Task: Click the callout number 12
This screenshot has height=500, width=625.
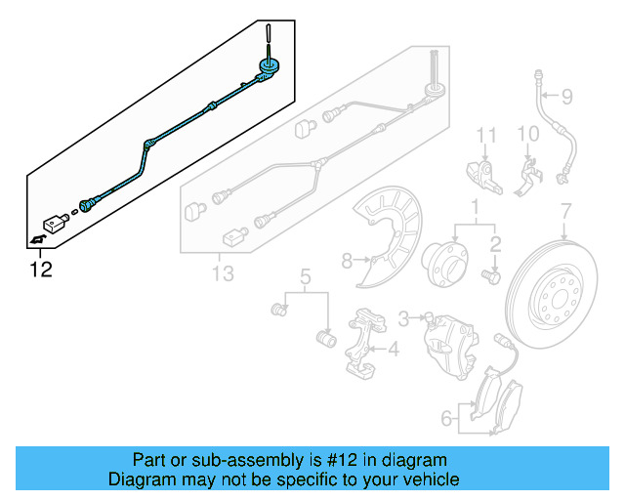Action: tap(40, 268)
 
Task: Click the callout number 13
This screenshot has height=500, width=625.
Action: tap(223, 274)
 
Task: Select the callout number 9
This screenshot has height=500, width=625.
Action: tap(567, 96)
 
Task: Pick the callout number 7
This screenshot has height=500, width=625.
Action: tap(565, 209)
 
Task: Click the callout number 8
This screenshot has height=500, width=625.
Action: tap(346, 260)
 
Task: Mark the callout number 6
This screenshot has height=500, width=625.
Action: tap(446, 419)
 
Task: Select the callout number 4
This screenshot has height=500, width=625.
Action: tap(393, 349)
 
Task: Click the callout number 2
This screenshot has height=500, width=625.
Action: tap(495, 244)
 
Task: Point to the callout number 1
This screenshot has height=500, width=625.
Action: tap(475, 208)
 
